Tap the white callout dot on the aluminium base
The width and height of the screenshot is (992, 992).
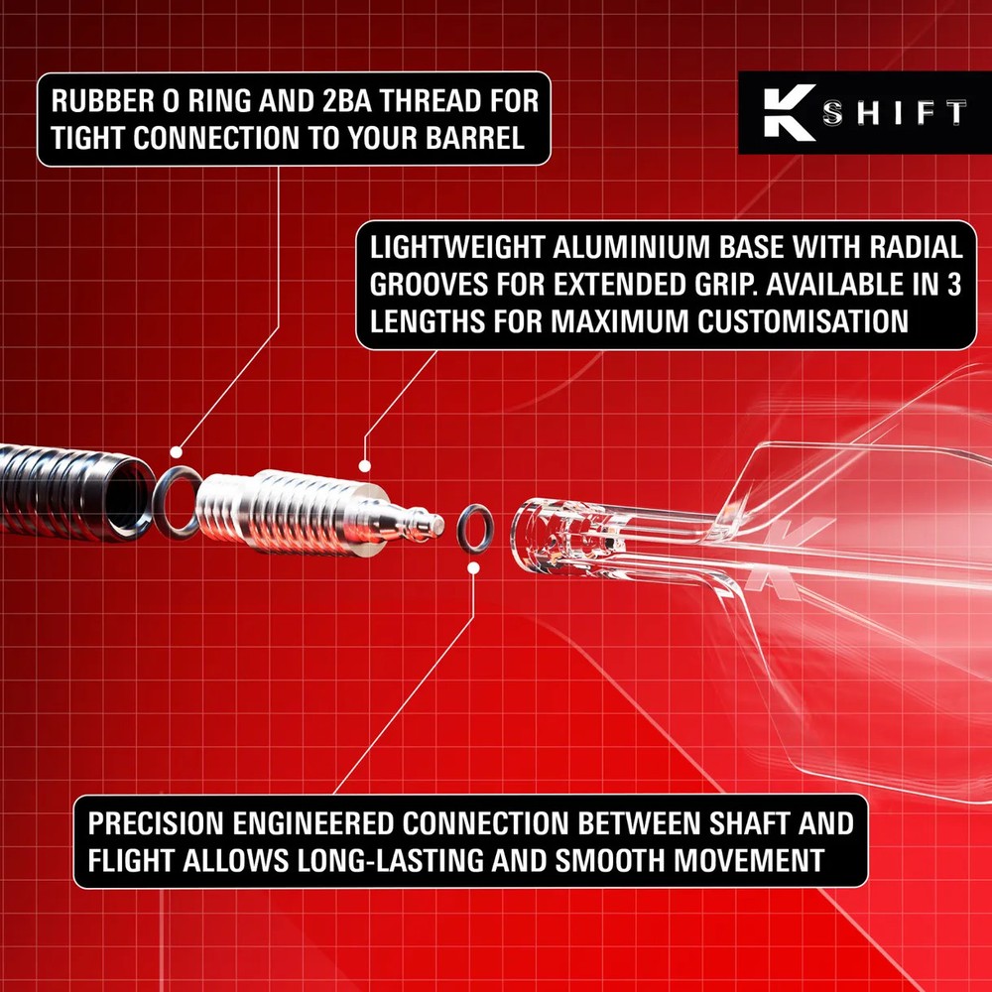click(x=365, y=465)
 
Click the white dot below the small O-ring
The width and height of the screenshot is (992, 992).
click(x=474, y=568)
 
